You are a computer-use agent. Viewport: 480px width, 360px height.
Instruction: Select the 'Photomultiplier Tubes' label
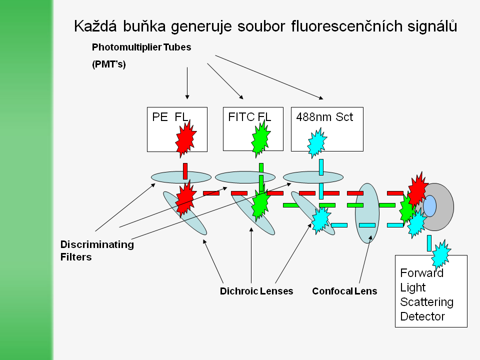pyautogui.click(x=141, y=47)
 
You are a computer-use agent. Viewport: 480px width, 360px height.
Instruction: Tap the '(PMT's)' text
pyautogui.click(x=109, y=65)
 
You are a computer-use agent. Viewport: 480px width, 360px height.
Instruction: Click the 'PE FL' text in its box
pyautogui.click(x=170, y=117)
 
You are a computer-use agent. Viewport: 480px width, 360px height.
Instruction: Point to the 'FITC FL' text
pyautogui.click(x=249, y=117)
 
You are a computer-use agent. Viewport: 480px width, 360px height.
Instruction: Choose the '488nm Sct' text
pyautogui.click(x=324, y=117)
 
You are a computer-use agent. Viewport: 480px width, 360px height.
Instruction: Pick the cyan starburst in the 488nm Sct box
pyautogui.click(x=316, y=142)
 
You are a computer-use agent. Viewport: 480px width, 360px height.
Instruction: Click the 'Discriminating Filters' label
pyautogui.click(x=97, y=250)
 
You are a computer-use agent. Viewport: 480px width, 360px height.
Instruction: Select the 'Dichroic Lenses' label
pyautogui.click(x=256, y=291)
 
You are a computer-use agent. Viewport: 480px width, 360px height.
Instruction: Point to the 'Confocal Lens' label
pyautogui.click(x=344, y=291)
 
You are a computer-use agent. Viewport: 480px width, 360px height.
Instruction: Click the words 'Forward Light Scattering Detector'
pyautogui.click(x=426, y=295)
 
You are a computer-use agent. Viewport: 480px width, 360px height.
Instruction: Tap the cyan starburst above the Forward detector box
pyautogui.click(x=440, y=253)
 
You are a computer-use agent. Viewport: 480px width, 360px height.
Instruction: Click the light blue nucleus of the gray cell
pyautogui.click(x=429, y=206)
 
